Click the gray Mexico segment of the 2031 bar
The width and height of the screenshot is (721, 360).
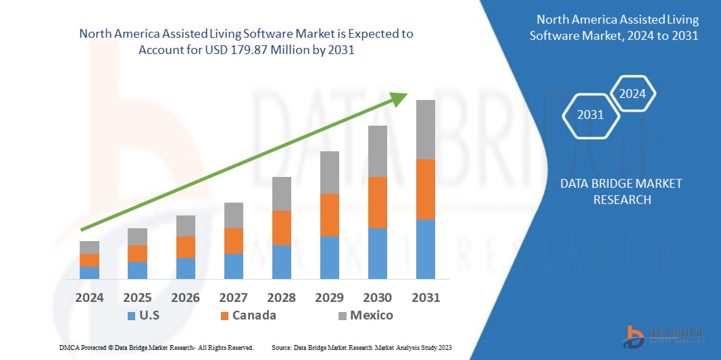425,130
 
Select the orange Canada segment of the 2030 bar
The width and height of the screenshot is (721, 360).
377,203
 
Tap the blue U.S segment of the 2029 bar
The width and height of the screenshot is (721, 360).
329,257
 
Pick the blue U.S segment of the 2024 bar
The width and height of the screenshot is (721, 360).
89,272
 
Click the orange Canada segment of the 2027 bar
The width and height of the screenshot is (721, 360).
233,241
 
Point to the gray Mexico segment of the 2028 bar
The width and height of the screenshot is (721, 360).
281,194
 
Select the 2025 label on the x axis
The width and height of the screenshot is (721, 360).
137,297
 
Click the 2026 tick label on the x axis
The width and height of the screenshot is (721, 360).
185,297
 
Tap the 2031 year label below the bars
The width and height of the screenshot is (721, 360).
425,297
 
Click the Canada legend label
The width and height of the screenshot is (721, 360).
254,315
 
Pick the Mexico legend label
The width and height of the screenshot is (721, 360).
372,315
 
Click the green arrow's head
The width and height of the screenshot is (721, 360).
400,98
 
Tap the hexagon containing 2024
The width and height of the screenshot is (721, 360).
632,94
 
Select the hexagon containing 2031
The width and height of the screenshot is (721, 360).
590,115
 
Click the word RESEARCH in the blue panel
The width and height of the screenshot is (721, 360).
622,200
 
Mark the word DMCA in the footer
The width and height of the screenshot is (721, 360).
69,347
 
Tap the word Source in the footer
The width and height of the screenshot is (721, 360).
281,347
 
